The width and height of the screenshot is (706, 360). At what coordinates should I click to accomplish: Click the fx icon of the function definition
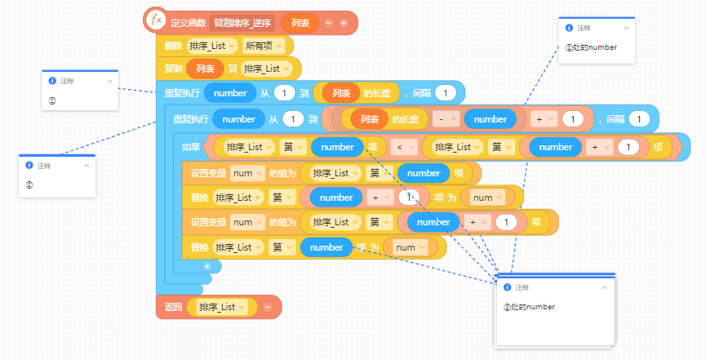click(x=155, y=21)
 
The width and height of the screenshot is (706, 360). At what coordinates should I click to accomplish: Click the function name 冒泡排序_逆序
click(x=242, y=23)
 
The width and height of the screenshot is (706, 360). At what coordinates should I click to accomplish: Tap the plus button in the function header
click(x=344, y=23)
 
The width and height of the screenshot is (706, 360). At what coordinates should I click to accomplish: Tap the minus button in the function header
click(x=328, y=23)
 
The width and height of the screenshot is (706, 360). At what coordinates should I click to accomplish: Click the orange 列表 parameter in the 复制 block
click(x=205, y=69)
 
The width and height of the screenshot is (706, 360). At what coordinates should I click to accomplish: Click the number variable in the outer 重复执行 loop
click(x=230, y=93)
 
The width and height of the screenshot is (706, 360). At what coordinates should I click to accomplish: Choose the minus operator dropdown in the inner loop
click(x=446, y=119)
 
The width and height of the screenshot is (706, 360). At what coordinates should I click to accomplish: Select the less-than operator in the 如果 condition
click(x=403, y=147)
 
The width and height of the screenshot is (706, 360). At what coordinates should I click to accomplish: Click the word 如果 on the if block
click(x=190, y=147)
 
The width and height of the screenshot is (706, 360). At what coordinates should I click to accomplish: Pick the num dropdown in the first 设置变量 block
click(x=247, y=173)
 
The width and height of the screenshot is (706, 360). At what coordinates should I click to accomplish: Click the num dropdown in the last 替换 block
click(x=411, y=247)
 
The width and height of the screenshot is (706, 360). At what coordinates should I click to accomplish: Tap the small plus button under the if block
click(x=207, y=266)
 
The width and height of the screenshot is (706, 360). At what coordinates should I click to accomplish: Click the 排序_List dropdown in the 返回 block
click(x=222, y=307)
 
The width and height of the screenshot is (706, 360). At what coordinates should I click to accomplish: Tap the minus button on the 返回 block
click(x=268, y=307)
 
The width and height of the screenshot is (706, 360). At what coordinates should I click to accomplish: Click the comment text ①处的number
click(x=591, y=47)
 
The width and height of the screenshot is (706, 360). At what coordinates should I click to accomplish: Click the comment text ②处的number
click(x=529, y=307)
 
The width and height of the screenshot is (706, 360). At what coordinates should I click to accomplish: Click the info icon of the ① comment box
click(x=52, y=81)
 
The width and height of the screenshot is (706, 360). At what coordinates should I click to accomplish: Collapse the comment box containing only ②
click(x=87, y=166)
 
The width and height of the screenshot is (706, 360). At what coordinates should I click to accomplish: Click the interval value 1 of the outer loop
click(x=446, y=93)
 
